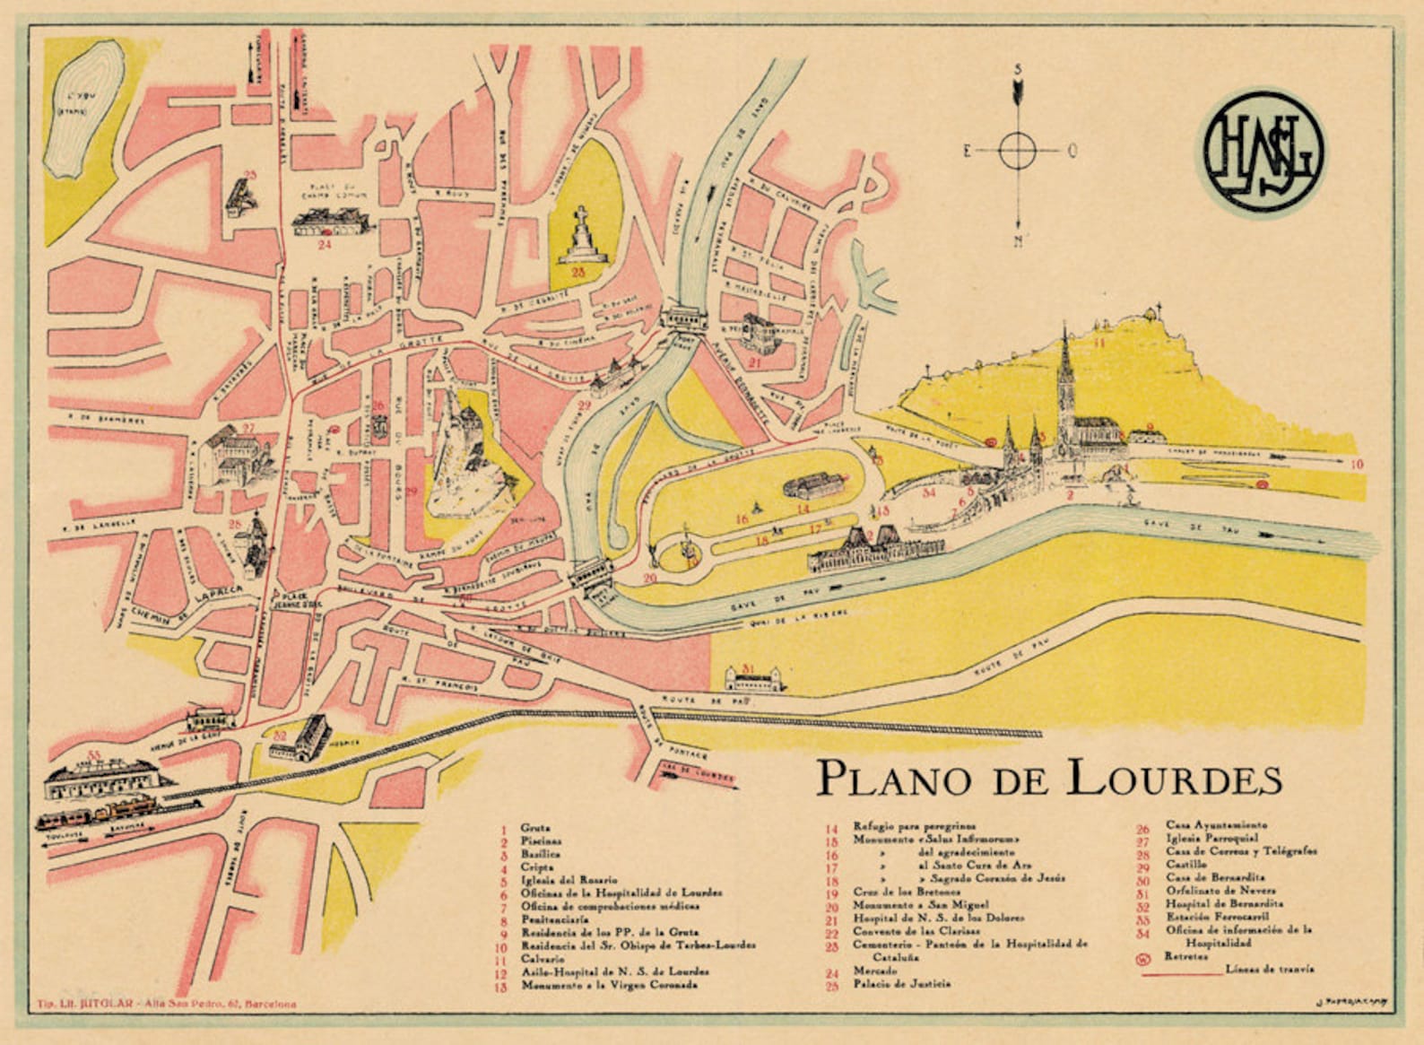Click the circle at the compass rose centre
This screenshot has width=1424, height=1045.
pos(1018,151)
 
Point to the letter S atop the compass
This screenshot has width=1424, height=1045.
pos(1019,70)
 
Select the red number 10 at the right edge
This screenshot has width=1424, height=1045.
pos(1357,465)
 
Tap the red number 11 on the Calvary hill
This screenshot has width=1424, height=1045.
pos(1099,342)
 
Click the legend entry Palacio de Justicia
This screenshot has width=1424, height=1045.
pos(901,984)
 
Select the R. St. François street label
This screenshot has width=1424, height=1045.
pos(438,685)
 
